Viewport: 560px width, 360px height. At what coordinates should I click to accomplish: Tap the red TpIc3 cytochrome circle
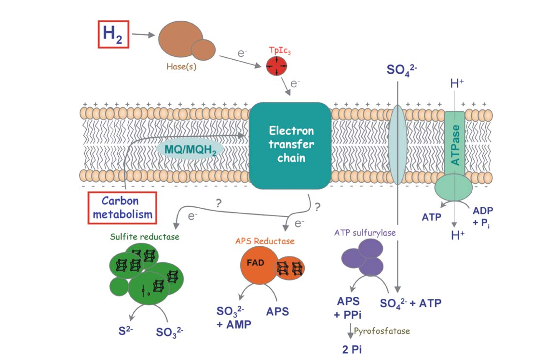tap(276, 66)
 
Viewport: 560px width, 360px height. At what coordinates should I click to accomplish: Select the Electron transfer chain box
tap(291, 144)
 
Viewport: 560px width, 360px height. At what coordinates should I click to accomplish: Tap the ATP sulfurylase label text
tap(365, 233)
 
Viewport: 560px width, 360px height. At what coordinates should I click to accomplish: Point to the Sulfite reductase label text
tap(137, 237)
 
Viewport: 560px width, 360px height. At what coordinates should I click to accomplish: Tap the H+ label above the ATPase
tap(457, 83)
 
